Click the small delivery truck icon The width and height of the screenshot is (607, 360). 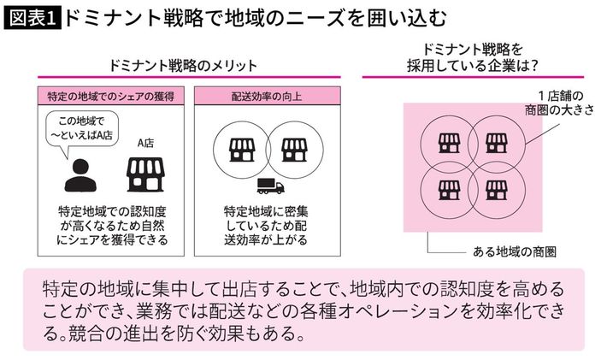coord(268,186)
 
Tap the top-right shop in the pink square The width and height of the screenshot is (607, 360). coord(494,142)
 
